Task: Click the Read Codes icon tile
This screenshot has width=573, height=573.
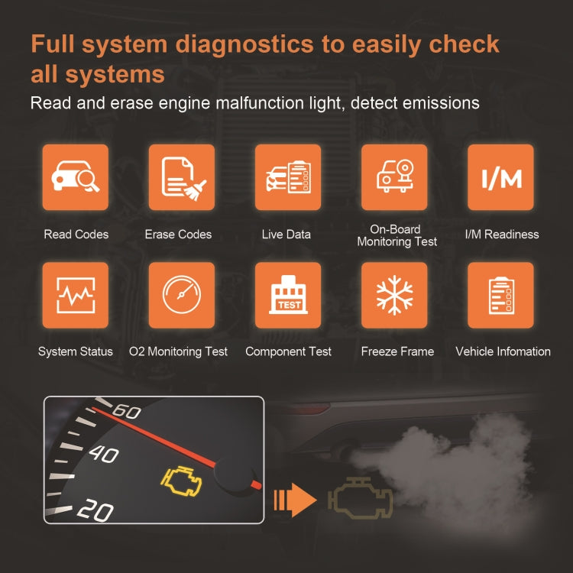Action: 76,177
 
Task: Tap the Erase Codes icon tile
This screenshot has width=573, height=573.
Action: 181,177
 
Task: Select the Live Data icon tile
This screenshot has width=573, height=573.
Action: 287,177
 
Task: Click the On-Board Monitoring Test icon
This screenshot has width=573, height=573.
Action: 393,177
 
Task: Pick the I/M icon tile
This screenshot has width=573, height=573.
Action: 500,177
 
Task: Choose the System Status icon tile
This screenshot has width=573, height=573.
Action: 76,295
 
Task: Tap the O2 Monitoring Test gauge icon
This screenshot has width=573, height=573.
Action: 181,295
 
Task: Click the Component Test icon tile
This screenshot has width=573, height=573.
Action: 287,295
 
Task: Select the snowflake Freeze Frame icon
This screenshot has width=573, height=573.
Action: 393,295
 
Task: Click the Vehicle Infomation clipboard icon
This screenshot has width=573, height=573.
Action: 500,295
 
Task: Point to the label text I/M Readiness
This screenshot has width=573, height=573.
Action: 501,235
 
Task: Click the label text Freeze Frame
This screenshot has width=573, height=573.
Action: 397,351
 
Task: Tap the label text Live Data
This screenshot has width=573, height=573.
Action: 287,235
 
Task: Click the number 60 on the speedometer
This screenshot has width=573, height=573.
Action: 126,413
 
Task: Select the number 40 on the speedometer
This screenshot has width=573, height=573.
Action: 103,455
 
